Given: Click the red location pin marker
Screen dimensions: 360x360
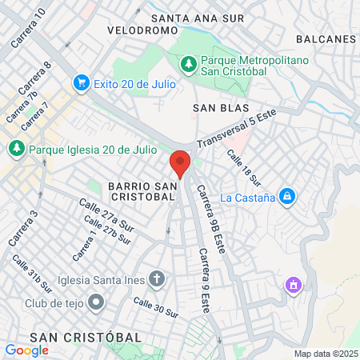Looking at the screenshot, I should pyautogui.click(x=180, y=163).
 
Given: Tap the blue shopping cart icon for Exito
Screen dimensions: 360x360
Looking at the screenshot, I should pyautogui.click(x=81, y=82).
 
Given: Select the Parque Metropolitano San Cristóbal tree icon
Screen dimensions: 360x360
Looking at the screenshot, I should pyautogui.click(x=188, y=62).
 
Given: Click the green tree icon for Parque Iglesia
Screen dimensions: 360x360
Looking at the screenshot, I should pyautogui.click(x=16, y=149).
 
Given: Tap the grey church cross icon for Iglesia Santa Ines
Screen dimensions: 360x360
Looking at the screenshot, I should pyautogui.click(x=158, y=279).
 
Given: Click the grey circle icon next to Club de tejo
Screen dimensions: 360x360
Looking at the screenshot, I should pyautogui.click(x=97, y=302).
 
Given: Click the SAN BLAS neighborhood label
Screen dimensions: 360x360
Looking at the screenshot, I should pyautogui.click(x=221, y=107).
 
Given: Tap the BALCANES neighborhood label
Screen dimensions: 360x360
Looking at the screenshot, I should pyautogui.click(x=325, y=38).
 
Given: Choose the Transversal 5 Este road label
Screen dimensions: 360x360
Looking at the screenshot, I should pyautogui.click(x=237, y=128).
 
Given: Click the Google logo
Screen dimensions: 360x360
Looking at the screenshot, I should pyautogui.click(x=26, y=350).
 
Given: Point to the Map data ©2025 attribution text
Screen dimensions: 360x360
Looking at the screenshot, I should pyautogui.click(x=325, y=354).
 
